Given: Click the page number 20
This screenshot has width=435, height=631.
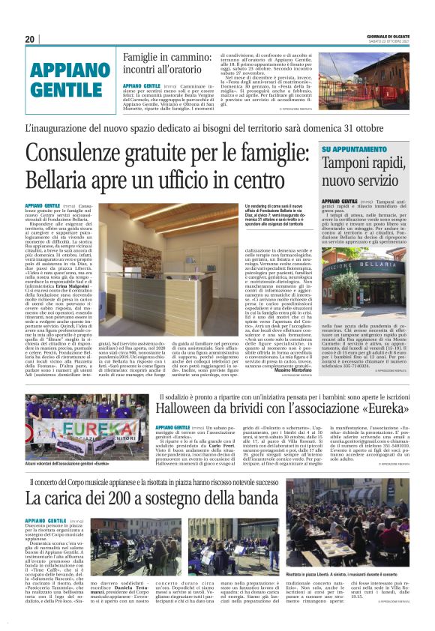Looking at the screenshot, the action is click(x=30, y=39).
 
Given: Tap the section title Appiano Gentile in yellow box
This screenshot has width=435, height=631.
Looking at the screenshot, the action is click(x=67, y=80).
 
